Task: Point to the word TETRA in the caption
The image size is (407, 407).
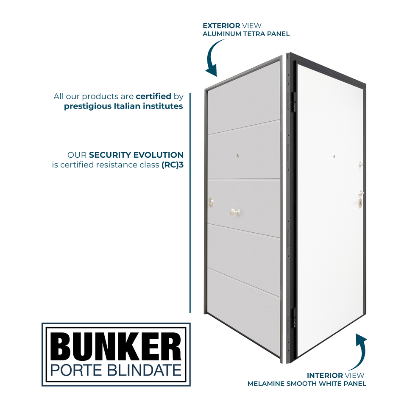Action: pyautogui.click(x=248, y=34)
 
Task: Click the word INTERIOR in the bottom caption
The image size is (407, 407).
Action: pyautogui.click(x=325, y=375)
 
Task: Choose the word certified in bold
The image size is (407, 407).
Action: pyautogui.click(x=153, y=96)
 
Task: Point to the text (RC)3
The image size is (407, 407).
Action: pyautogui.click(x=172, y=164)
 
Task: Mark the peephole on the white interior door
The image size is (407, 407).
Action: pyautogui.click(x=334, y=156)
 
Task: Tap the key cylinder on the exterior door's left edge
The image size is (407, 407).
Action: pyautogui.click(x=211, y=203)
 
